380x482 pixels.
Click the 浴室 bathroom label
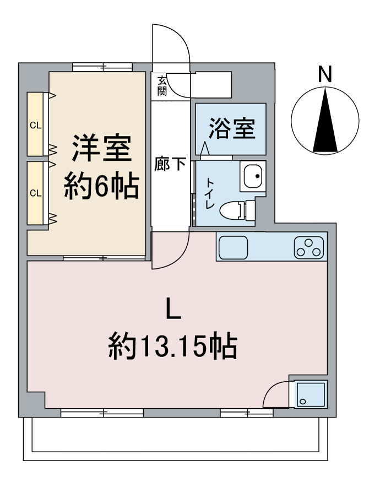pyautogui.click(x=231, y=128)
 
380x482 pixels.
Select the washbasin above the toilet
pyautogui.click(x=253, y=176)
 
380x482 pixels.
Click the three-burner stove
pyautogui.click(x=308, y=247)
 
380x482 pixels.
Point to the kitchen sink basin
pyautogui.click(x=234, y=247)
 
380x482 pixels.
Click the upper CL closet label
pyautogui.click(x=35, y=126)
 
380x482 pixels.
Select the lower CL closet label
pyautogui.click(x=35, y=193)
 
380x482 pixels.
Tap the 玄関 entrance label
pyautogui.click(x=162, y=86)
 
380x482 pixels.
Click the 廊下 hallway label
pyautogui.click(x=170, y=164)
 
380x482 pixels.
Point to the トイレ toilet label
pyautogui.click(x=210, y=193)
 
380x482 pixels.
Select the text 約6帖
pyautogui.click(x=101, y=187)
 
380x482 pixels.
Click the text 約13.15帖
pyautogui.click(x=172, y=346)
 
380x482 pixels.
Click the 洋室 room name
pyautogui.click(x=101, y=149)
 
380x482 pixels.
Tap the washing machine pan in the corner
pyautogui.click(x=311, y=394)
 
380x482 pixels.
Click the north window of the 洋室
pyautogui.click(x=102, y=67)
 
